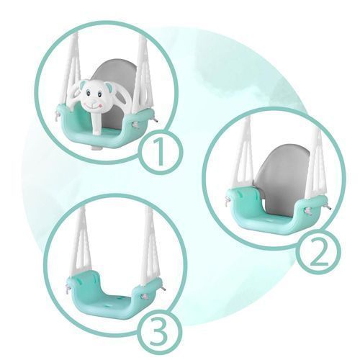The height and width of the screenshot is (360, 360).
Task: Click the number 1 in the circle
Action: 161,152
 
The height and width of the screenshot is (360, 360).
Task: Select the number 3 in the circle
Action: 158,331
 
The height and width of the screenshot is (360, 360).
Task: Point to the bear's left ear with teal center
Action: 82,85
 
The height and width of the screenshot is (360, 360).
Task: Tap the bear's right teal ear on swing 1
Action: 109,86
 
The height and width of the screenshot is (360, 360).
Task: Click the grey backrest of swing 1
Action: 113,79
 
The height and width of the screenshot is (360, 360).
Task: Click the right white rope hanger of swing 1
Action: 143,74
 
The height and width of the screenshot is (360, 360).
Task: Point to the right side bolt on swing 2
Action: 308,211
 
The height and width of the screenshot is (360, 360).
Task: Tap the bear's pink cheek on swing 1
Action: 100,105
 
